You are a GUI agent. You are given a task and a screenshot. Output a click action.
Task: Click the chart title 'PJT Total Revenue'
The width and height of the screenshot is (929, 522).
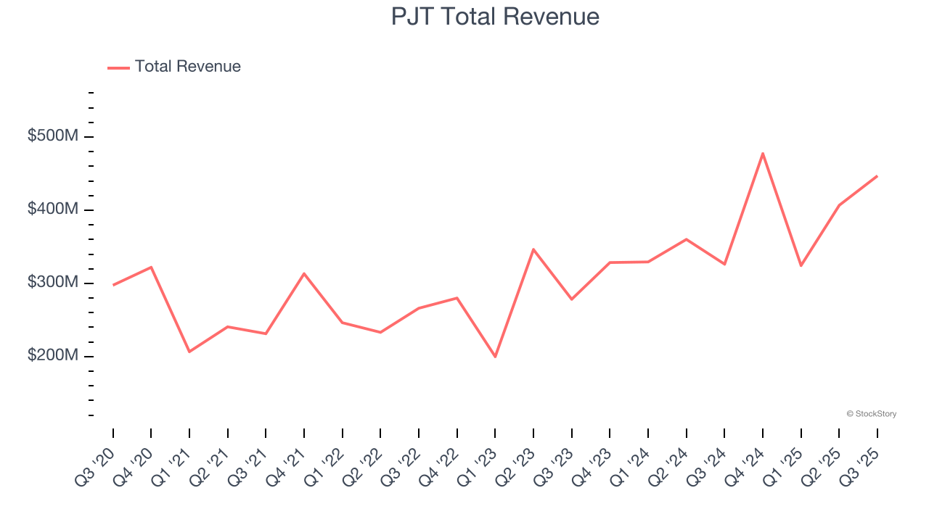coord(495,17)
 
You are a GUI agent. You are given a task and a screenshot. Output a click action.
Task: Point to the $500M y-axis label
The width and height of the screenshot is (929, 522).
coord(52,136)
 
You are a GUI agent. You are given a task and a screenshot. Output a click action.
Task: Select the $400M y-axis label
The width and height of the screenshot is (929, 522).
coord(52,210)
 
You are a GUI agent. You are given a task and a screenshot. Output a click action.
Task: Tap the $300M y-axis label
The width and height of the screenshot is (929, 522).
coord(52,283)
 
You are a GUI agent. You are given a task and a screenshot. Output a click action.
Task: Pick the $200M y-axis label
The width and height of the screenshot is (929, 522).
coord(52,356)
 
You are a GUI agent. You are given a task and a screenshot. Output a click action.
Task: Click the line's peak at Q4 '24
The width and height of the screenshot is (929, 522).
coord(763,153)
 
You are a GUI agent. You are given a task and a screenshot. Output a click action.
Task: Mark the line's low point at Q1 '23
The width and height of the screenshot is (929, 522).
coord(495,357)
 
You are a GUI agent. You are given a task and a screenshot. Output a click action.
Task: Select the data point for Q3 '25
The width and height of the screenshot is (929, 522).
coord(877,176)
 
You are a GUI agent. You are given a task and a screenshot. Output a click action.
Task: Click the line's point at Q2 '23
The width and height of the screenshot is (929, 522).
coord(533,249)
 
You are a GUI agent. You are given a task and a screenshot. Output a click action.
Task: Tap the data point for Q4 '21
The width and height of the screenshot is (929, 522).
coord(304,273)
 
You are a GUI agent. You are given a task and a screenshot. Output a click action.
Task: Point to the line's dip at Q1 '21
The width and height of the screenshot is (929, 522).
coord(189,352)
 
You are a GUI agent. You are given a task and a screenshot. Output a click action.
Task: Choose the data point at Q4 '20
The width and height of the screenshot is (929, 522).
coord(151,267)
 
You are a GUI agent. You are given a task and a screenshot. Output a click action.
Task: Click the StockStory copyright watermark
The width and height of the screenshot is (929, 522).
coord(871,414)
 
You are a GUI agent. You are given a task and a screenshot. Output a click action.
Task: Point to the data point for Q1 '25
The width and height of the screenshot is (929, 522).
coord(801,265)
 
